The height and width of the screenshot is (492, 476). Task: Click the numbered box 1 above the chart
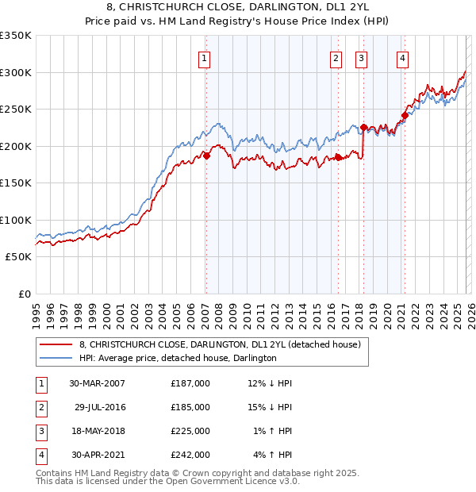(x=205, y=57)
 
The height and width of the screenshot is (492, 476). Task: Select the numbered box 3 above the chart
(x=361, y=57)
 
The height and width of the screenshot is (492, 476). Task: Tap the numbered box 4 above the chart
(x=403, y=57)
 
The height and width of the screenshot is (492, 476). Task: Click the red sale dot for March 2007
(x=206, y=156)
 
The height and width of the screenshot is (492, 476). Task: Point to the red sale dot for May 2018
(x=363, y=127)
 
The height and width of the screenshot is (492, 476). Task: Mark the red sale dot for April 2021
(x=404, y=114)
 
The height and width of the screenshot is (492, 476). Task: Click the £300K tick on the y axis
(x=15, y=72)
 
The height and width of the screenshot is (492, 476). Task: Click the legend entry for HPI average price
(x=178, y=358)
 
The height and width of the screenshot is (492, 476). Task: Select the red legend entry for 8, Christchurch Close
(x=220, y=344)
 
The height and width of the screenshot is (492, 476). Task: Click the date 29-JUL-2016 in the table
(x=100, y=406)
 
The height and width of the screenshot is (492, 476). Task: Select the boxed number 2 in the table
(x=40, y=406)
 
